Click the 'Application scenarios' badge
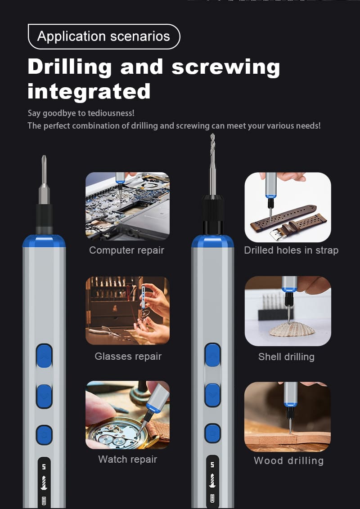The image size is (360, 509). [x=104, y=36]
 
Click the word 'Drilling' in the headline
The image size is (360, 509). [x=70, y=67]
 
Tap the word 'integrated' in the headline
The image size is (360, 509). [x=89, y=91]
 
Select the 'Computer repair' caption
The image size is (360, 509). [x=127, y=250]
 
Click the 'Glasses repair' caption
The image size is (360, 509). [x=128, y=357]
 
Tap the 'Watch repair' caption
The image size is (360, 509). [x=128, y=460]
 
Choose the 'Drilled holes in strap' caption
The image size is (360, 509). [x=291, y=250]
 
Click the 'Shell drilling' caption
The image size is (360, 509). [x=286, y=357]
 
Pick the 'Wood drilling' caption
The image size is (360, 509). [x=288, y=460]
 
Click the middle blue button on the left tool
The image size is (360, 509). [x=44, y=396]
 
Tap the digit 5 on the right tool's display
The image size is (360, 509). [x=212, y=465]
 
